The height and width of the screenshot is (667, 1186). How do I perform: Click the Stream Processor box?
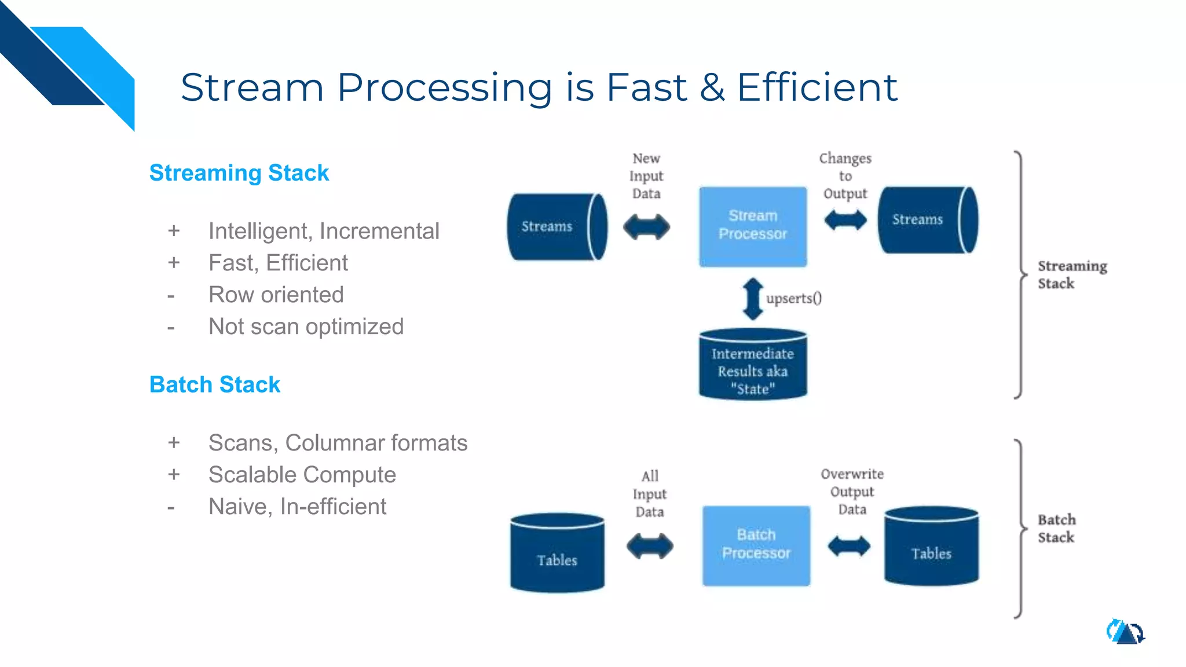click(752, 226)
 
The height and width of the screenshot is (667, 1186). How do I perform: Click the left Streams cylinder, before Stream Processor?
click(556, 226)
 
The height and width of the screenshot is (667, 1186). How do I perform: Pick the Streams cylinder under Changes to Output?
click(927, 219)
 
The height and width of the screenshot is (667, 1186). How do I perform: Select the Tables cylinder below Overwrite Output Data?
click(931, 547)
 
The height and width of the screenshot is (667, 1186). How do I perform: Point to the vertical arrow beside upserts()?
click(752, 299)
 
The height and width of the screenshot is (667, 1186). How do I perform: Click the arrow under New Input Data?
click(646, 227)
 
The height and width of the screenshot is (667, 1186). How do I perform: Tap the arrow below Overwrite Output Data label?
click(848, 545)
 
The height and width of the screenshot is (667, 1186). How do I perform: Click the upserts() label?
click(794, 298)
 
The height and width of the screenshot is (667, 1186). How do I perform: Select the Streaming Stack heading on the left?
click(239, 173)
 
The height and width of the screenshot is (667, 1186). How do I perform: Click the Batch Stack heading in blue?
click(214, 384)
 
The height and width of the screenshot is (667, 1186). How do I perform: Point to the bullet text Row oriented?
click(276, 295)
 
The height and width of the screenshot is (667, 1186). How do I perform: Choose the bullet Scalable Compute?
click(302, 475)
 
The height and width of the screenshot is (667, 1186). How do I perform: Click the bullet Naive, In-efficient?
click(297, 507)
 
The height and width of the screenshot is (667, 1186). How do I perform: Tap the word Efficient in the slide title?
click(817, 87)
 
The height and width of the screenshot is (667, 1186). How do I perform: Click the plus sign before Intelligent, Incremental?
click(174, 231)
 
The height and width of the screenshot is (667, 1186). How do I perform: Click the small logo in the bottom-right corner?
click(1125, 632)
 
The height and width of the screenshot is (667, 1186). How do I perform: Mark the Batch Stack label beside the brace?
click(1056, 528)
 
